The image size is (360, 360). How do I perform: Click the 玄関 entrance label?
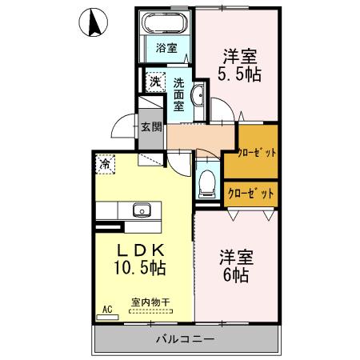click(151, 126)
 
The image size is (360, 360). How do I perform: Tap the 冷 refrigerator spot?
click(106, 164)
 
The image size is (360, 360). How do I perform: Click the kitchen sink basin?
click(142, 211)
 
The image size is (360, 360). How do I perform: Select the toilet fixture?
click(207, 182)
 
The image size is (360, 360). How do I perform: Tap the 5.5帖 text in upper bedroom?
click(239, 74)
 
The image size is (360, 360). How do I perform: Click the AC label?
click(106, 307)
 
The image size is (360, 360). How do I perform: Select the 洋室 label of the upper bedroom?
click(238, 55)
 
